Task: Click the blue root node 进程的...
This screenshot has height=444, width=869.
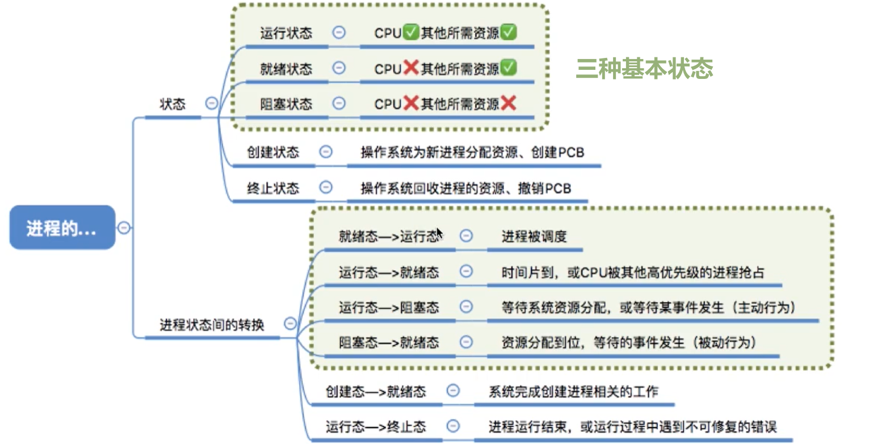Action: point(62,228)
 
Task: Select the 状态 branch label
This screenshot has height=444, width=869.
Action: point(173,104)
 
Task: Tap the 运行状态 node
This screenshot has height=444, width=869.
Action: point(286,33)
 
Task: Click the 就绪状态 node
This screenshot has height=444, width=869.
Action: point(286,69)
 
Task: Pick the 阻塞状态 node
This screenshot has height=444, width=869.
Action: point(286,104)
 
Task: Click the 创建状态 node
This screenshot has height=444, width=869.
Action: point(273,152)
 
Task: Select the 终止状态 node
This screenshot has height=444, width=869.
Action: point(273,188)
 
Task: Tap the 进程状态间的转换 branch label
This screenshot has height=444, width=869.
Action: point(212,325)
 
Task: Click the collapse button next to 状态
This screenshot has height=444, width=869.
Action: point(211,103)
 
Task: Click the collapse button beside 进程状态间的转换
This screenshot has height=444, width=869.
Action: point(290,324)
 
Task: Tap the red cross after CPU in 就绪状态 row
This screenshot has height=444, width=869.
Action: point(410,68)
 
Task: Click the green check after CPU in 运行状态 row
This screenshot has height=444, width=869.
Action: point(410,33)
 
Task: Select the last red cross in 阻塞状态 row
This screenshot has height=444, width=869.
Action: point(509,103)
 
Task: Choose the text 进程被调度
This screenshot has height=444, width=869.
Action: point(534,236)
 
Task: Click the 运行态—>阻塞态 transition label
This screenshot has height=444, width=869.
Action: point(389,308)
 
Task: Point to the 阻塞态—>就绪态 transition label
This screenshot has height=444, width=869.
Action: point(389,342)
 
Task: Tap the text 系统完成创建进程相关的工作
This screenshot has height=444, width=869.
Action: point(573,391)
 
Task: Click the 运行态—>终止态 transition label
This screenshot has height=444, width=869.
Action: point(376,426)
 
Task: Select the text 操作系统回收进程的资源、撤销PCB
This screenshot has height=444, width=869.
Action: point(465,188)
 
